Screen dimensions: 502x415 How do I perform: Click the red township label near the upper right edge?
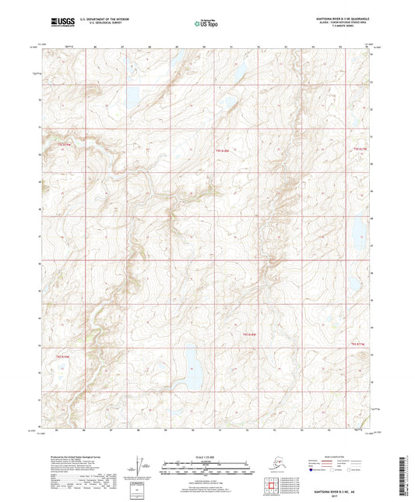tap(359, 147)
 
